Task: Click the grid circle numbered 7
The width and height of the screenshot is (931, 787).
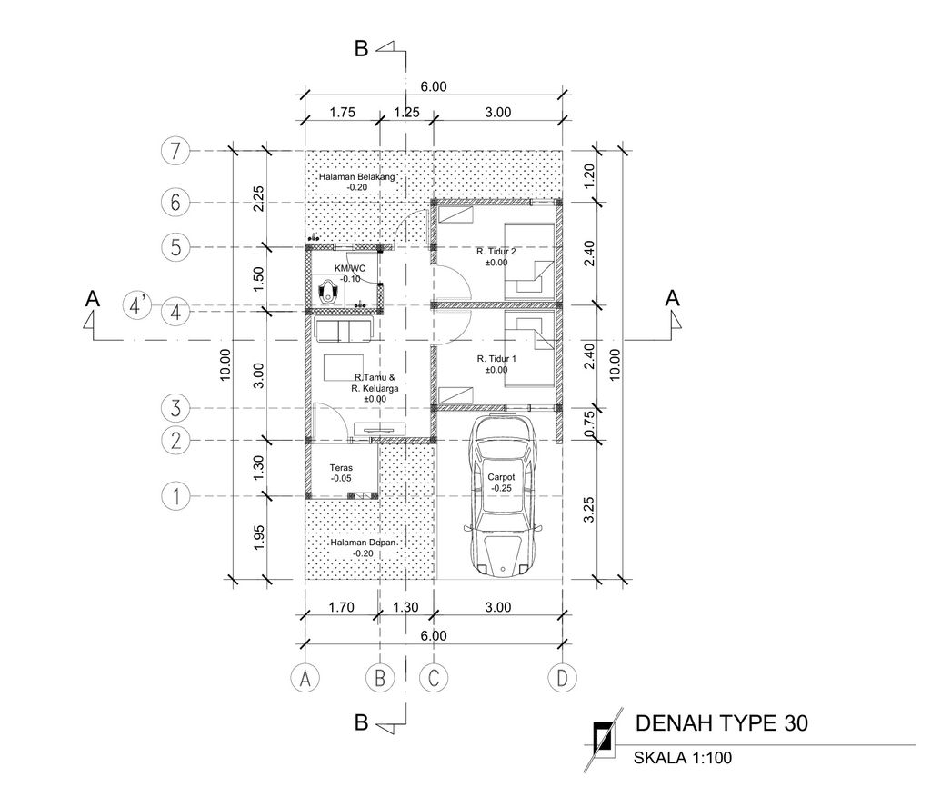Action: (x=175, y=151)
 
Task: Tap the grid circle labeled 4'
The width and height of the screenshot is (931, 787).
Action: (x=137, y=305)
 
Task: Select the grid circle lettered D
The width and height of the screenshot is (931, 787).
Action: (x=564, y=677)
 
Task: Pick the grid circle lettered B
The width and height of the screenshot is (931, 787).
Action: (x=380, y=677)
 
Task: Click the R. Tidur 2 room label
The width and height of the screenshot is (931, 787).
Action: (x=496, y=256)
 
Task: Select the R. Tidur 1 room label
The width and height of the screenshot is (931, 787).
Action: (x=496, y=364)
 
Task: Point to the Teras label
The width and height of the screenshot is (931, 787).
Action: (x=342, y=473)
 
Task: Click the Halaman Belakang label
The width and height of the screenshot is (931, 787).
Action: (x=356, y=182)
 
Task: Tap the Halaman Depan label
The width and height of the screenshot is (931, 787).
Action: (x=355, y=547)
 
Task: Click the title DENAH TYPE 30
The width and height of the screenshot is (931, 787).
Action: (x=721, y=723)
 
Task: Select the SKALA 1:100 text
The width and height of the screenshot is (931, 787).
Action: (x=682, y=757)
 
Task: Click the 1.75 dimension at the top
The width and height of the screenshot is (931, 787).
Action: (x=342, y=113)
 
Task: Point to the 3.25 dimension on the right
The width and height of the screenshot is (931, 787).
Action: (x=590, y=510)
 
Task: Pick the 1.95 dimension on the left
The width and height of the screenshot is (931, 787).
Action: (x=258, y=538)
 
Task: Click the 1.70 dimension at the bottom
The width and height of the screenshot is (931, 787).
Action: (x=342, y=607)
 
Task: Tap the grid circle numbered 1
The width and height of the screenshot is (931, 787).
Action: (x=175, y=496)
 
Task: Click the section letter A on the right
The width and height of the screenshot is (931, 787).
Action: (x=672, y=298)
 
